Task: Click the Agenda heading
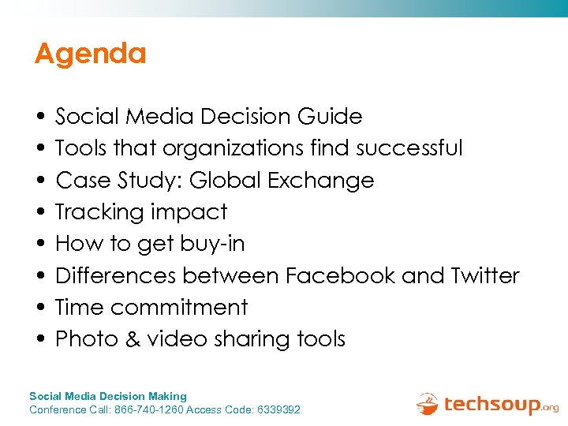click(x=91, y=54)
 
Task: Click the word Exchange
click(x=320, y=181)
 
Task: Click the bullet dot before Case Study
click(x=39, y=181)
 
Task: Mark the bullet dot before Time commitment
click(x=39, y=308)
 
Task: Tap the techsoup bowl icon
click(x=428, y=403)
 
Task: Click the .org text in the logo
click(x=549, y=408)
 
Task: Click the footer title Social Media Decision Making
click(x=108, y=396)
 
